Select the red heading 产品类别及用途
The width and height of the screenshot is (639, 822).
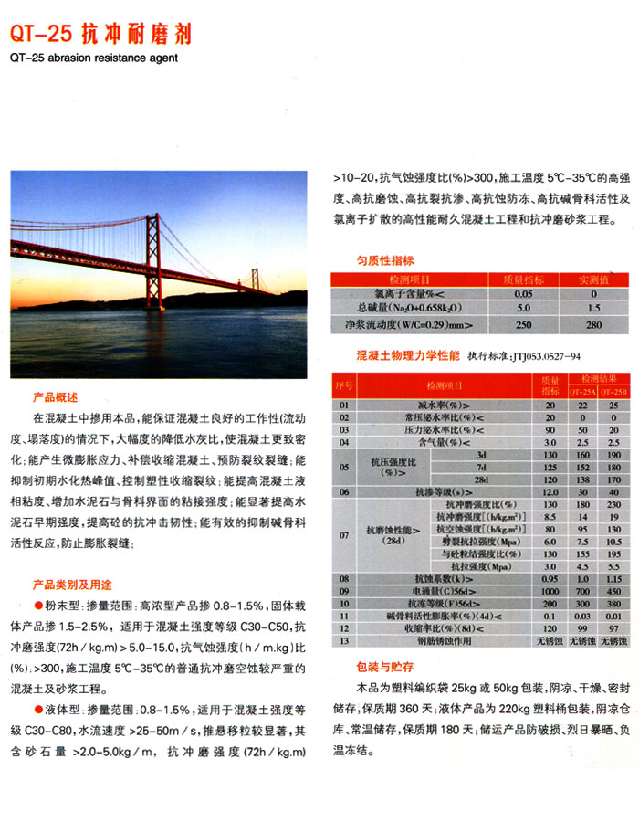pyautogui.click(x=72, y=585)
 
